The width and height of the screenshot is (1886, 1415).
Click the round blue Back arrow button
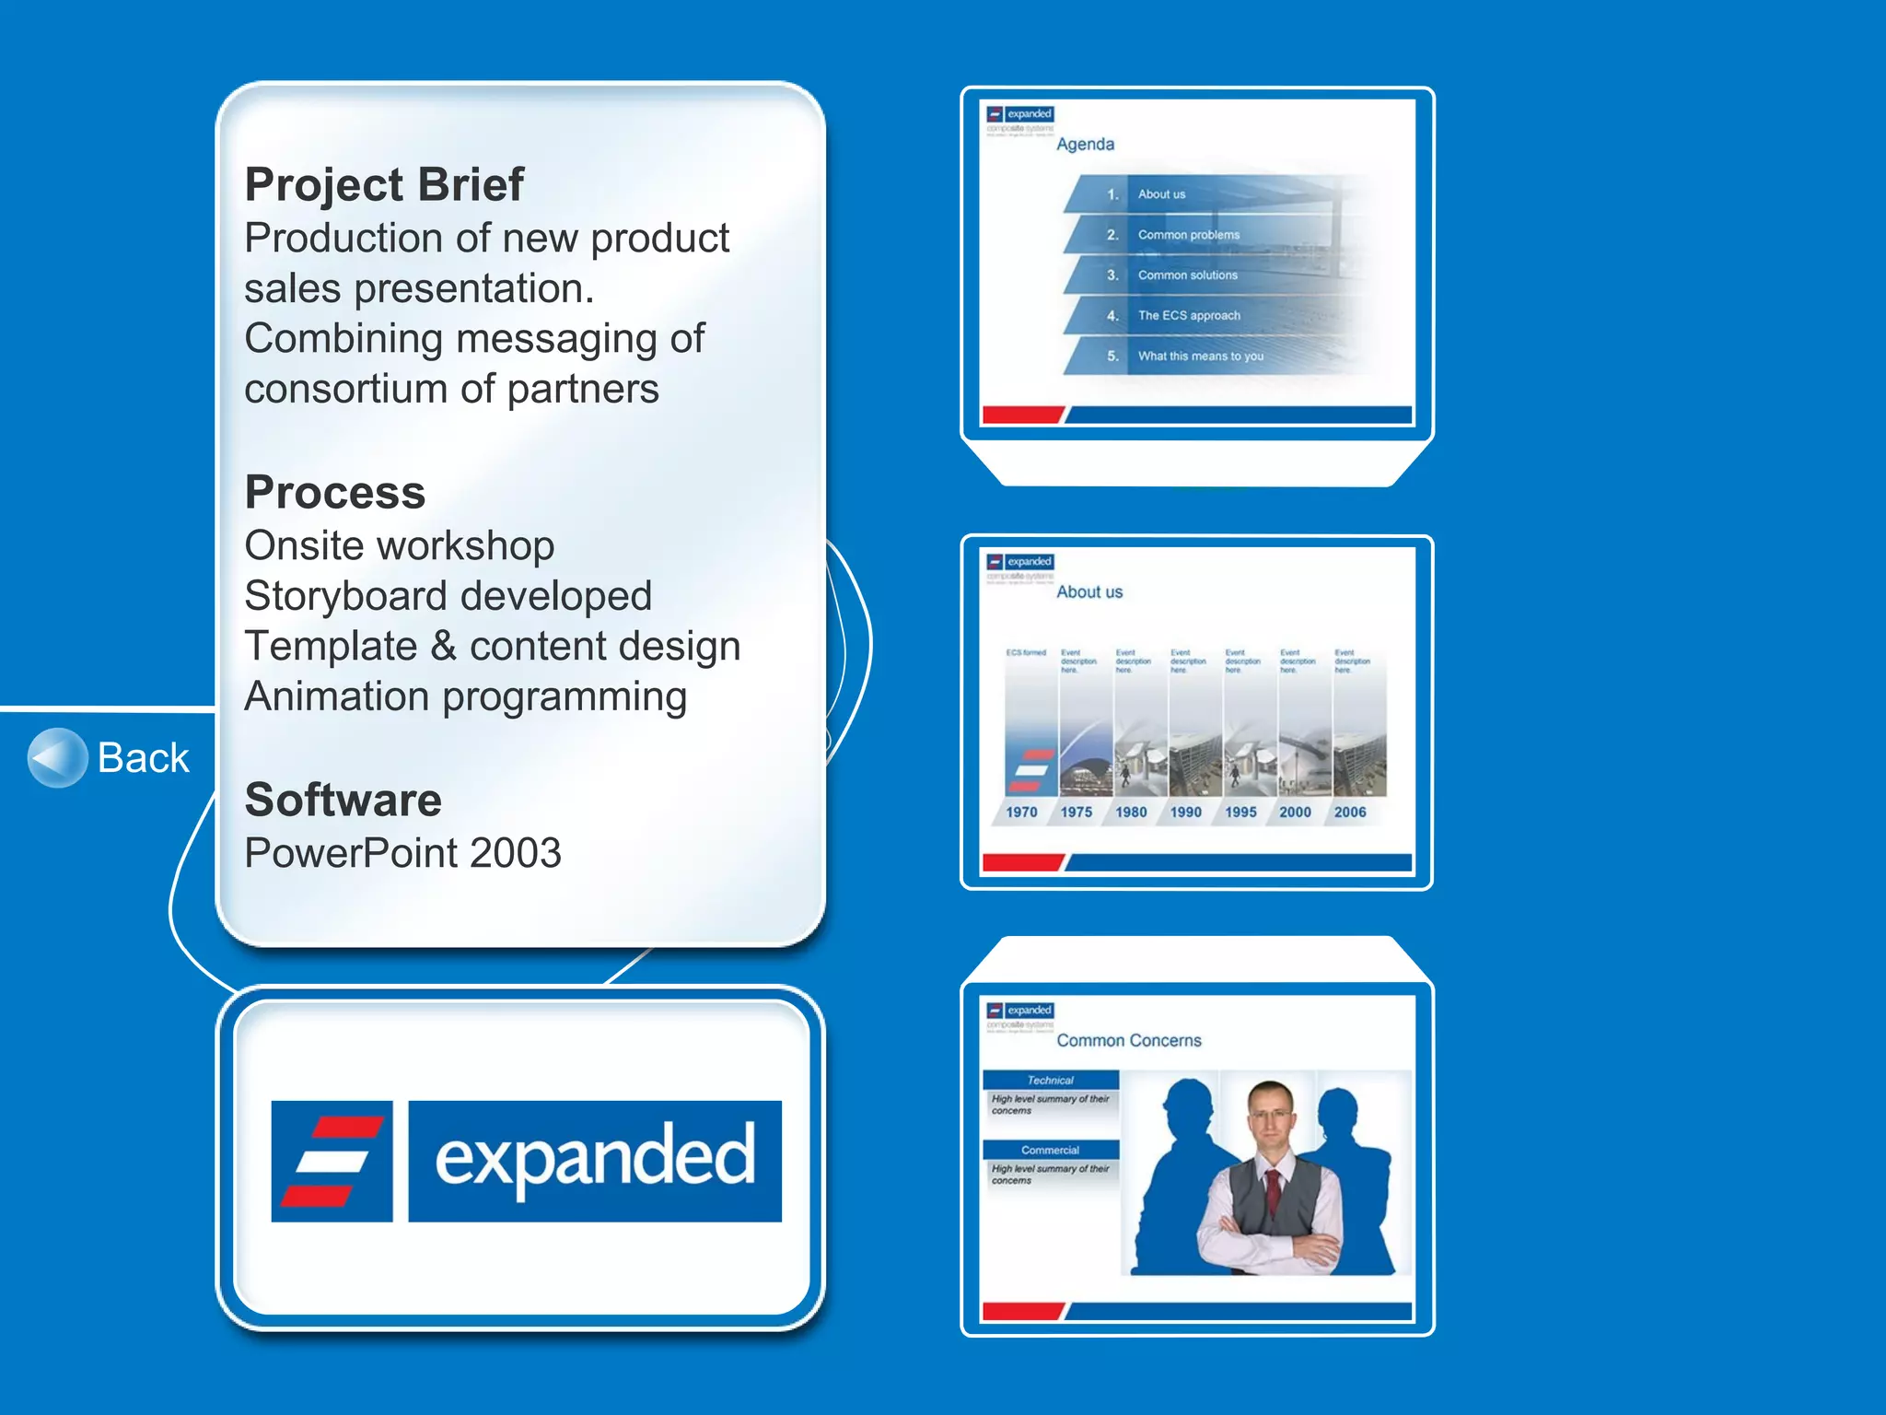point(57,758)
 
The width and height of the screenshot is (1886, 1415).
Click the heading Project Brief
point(384,184)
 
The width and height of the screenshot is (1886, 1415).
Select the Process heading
point(335,492)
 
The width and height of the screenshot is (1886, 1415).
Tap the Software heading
point(343,800)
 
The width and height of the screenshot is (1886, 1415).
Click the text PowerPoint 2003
point(402,853)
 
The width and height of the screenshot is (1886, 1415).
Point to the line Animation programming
point(465,696)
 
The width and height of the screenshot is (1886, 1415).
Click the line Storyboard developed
point(448,596)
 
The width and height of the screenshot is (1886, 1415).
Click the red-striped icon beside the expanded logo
point(332,1161)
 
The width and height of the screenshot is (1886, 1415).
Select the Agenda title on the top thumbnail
point(1085,145)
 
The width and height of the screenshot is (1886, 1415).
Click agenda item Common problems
point(1188,235)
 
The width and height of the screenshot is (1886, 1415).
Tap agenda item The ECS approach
point(1188,315)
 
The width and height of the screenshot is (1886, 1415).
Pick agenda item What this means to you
point(1200,356)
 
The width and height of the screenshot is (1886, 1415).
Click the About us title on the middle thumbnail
point(1089,592)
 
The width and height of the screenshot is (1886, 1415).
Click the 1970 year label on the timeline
point(1021,812)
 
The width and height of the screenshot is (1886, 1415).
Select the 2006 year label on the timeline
point(1350,812)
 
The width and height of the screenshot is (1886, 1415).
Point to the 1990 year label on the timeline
point(1185,812)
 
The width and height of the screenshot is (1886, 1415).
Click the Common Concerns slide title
point(1129,1040)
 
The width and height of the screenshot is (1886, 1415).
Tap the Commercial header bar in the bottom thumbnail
point(1050,1150)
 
